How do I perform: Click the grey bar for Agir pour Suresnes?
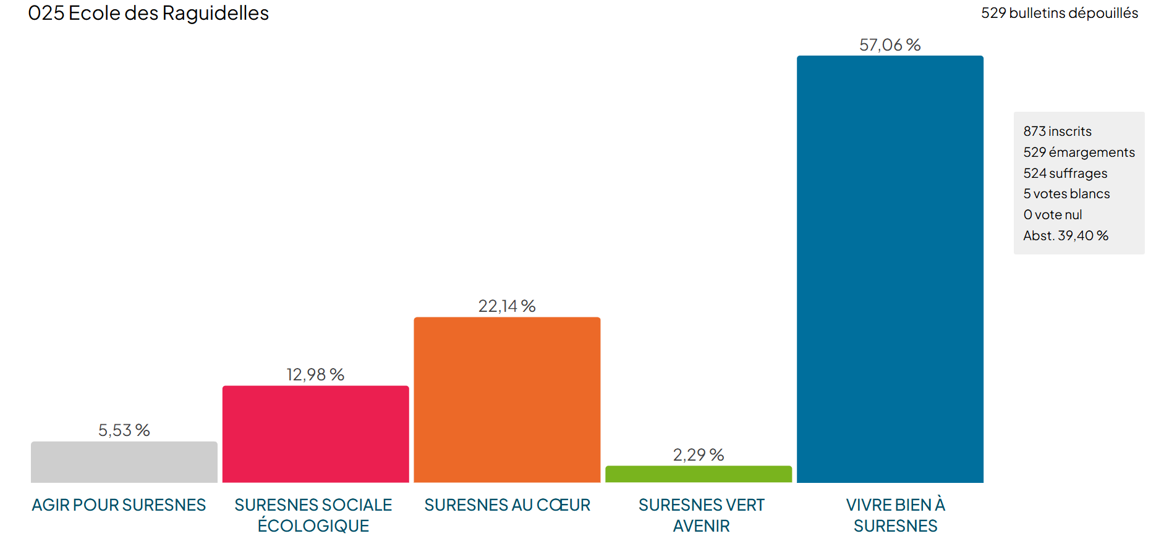click(124, 462)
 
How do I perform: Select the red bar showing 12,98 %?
click(315, 434)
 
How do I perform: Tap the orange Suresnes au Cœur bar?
click(507, 400)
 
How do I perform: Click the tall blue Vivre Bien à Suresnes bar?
click(890, 269)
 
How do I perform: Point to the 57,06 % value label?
click(890, 45)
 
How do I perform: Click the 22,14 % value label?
click(507, 306)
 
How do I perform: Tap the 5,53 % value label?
click(124, 430)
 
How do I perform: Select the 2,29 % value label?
click(699, 455)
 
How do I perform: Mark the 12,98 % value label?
click(315, 375)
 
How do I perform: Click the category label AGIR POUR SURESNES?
click(119, 505)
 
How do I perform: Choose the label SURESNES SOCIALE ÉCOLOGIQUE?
click(313, 515)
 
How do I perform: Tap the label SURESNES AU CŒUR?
click(507, 505)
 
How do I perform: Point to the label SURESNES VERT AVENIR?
click(701, 515)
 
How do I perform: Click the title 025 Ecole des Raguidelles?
click(148, 13)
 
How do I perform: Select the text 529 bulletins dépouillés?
click(1059, 13)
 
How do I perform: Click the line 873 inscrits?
click(1057, 132)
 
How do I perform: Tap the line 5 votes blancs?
click(1066, 194)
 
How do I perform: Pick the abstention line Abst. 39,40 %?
click(1065, 236)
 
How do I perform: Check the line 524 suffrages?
click(1065, 174)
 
